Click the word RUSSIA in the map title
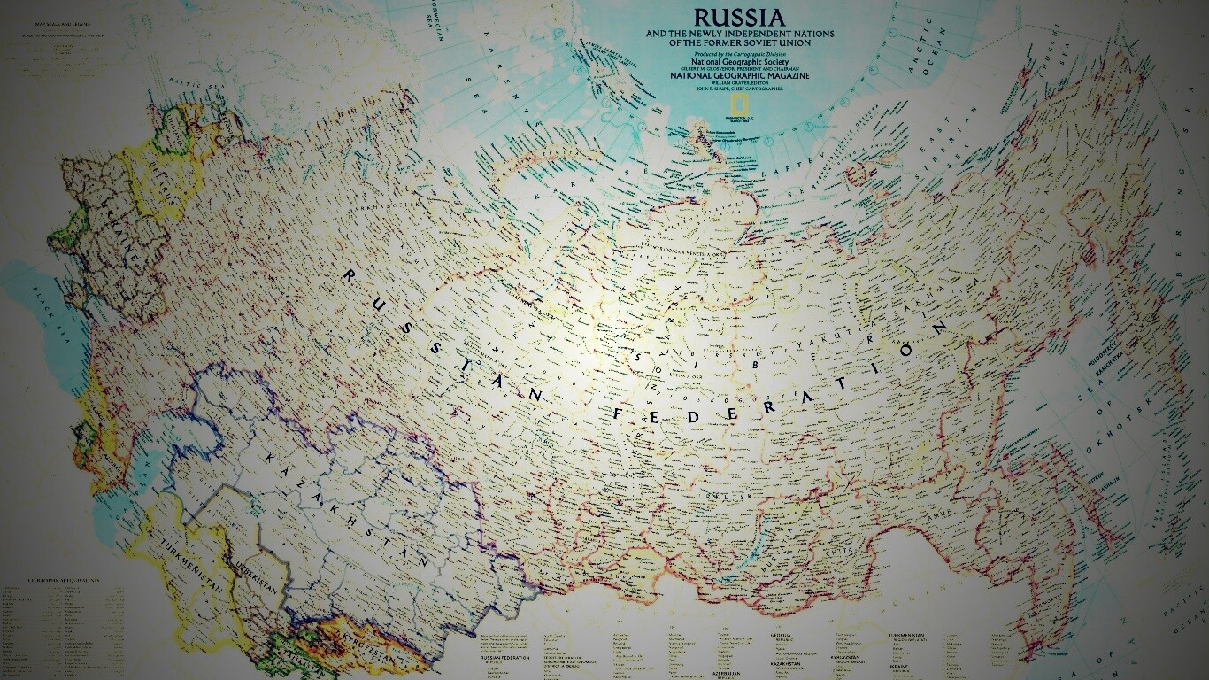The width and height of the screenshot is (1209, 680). pos(739,17)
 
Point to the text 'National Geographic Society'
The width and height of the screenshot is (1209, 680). pos(739,61)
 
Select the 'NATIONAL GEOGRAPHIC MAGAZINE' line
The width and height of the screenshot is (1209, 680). pos(739,75)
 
